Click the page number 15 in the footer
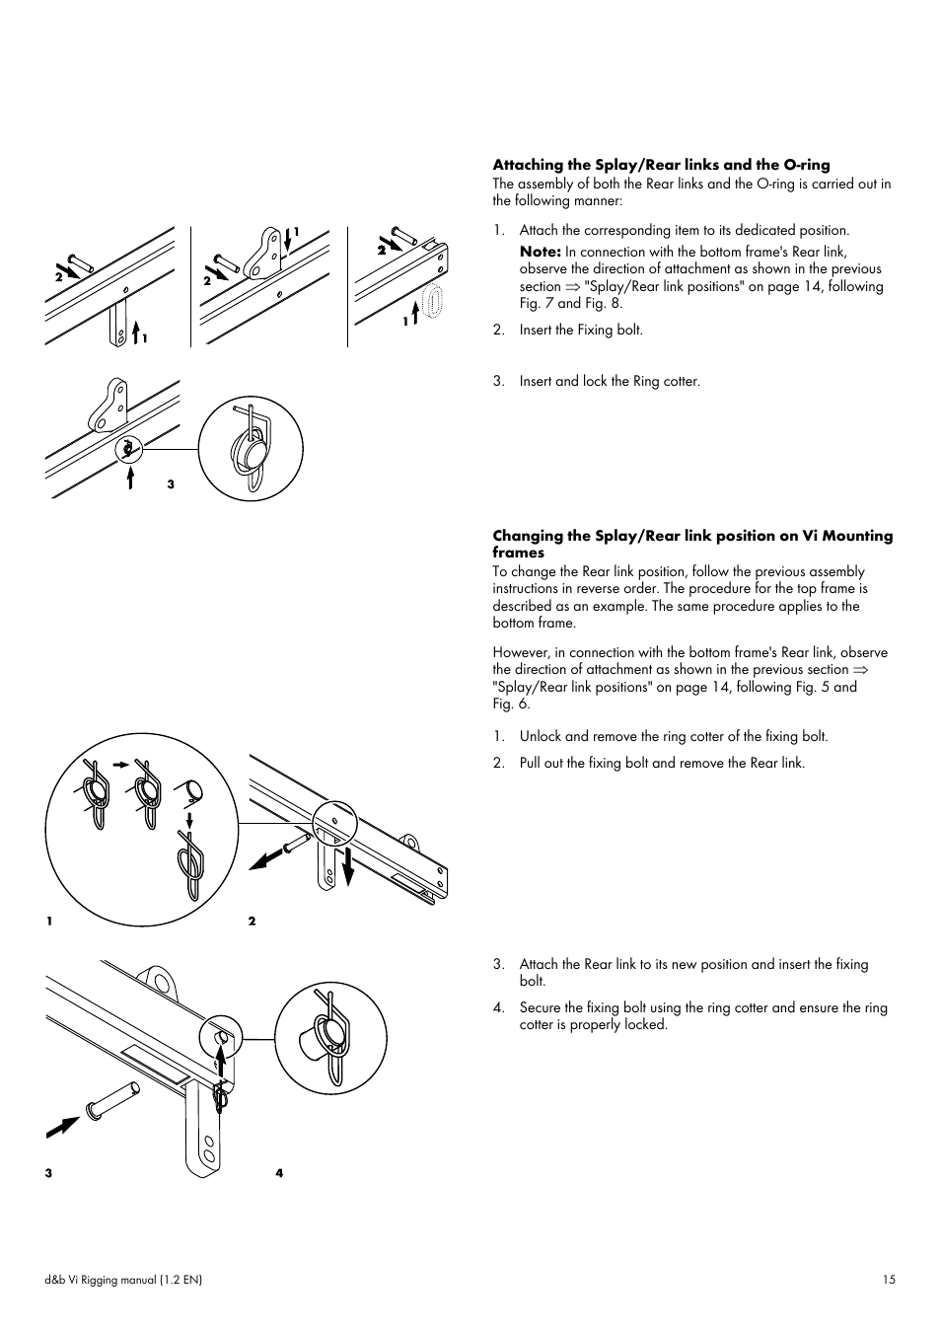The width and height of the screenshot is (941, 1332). click(x=890, y=1280)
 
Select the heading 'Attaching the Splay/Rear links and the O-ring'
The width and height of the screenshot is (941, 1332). click(x=661, y=165)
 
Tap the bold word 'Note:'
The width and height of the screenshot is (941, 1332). click(x=541, y=252)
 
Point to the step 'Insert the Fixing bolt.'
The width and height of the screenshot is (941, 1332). click(x=581, y=330)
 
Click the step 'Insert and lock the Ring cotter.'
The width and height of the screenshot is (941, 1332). click(x=610, y=381)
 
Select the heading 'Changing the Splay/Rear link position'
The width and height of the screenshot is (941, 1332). click(x=692, y=544)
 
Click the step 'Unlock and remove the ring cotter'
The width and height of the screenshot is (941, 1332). click(x=674, y=736)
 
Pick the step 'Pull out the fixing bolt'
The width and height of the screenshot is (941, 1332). click(x=662, y=763)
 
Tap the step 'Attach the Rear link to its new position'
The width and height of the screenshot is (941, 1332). click(x=693, y=972)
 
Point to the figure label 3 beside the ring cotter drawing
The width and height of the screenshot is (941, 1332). click(x=171, y=484)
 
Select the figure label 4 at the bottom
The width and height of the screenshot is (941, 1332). click(x=279, y=1173)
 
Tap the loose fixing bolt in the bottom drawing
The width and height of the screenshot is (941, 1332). click(x=110, y=1098)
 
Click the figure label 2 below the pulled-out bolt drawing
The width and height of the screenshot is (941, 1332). click(x=252, y=921)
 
